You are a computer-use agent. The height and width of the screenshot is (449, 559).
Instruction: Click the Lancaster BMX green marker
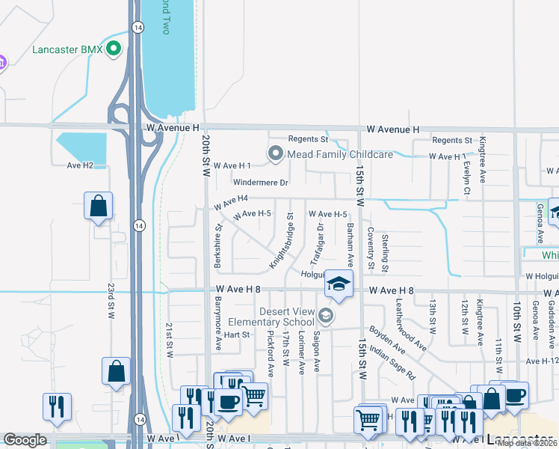click(x=114, y=50)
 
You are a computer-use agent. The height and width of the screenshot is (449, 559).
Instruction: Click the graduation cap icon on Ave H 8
click(x=338, y=285)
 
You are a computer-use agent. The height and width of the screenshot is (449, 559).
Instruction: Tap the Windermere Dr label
click(x=260, y=183)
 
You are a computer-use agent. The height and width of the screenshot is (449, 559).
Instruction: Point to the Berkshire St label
click(x=219, y=239)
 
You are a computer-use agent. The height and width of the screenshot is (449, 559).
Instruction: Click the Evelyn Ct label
click(x=466, y=179)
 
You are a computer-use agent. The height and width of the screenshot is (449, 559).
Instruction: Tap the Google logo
click(x=25, y=440)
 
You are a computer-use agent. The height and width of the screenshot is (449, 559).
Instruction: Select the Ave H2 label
click(x=80, y=165)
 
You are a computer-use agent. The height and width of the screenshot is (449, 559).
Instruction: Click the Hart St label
click(x=236, y=335)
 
